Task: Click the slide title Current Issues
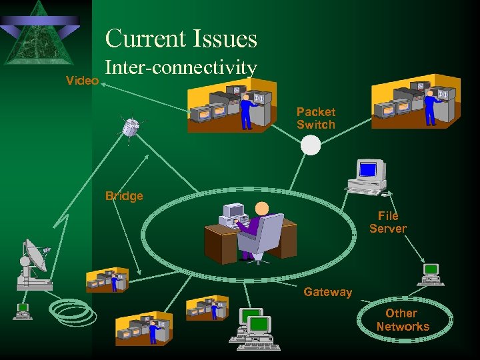(181, 38)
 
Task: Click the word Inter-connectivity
(181, 68)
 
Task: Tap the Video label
(83, 81)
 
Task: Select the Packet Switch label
(316, 118)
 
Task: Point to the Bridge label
(124, 196)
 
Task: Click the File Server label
(388, 222)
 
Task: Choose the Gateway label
(327, 292)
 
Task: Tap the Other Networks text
(402, 320)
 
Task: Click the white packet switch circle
(311, 145)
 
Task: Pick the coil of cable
(71, 311)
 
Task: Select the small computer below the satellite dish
(23, 310)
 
